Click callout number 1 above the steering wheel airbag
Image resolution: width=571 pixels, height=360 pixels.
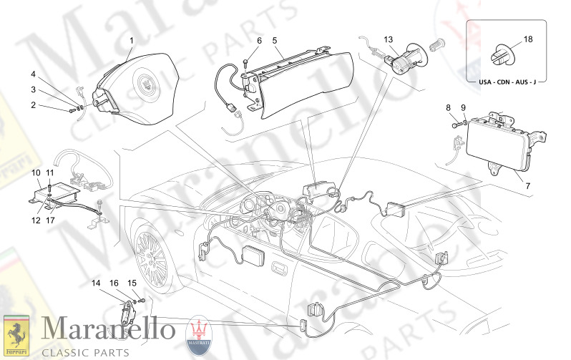130,39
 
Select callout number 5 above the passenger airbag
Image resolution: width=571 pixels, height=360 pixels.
274,41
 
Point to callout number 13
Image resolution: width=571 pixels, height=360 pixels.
389,39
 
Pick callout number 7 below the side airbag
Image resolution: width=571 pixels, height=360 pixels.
528,186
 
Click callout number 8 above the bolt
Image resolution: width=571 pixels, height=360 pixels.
449,108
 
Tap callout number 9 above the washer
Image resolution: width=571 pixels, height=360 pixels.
463,108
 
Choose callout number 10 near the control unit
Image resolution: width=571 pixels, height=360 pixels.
36,173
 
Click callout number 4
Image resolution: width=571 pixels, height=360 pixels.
33,74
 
